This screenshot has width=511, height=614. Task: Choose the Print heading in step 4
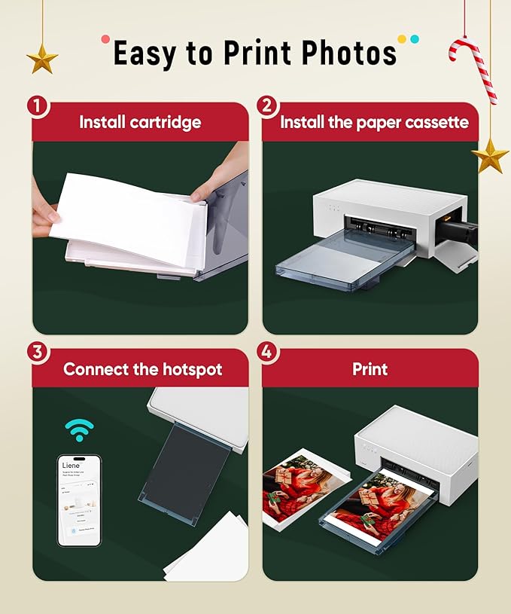[x=370, y=369]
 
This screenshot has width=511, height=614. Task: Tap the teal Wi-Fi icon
[x=79, y=430]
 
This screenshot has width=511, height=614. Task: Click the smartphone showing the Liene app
[x=79, y=499]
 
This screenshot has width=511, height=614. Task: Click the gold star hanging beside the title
[x=42, y=59]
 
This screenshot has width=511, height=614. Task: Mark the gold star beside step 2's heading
[x=490, y=156]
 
